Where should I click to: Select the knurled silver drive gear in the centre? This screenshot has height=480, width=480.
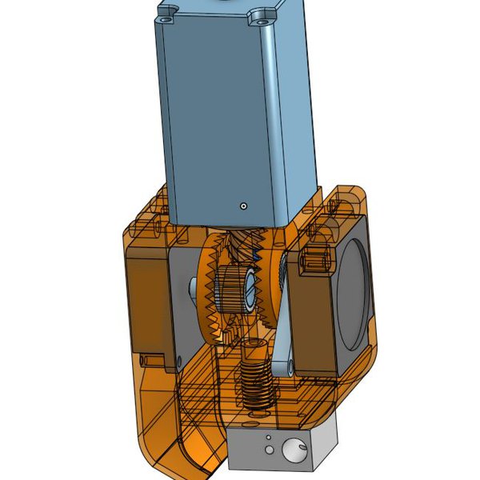coord(232,289)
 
